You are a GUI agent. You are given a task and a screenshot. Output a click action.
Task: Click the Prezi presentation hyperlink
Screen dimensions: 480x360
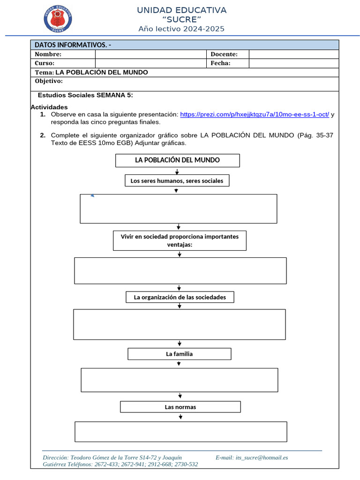coord(254,114)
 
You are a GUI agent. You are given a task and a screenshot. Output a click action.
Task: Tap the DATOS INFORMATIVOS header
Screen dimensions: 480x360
coord(72,45)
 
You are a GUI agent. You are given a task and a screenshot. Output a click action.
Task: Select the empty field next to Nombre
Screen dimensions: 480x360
coord(150,54)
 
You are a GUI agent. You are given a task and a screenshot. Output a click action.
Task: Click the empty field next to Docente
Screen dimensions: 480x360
coord(293,54)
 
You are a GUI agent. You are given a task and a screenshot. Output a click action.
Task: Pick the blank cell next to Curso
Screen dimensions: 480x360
coord(150,63)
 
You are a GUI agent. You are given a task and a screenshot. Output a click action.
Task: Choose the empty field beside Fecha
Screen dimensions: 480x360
coord(293,63)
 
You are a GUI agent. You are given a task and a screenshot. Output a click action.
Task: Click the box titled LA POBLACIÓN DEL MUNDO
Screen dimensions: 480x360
coord(177,160)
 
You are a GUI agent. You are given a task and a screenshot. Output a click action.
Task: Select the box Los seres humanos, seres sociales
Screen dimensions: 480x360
coord(177,180)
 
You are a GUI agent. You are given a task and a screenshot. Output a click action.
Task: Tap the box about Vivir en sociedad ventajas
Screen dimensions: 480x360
coord(180,240)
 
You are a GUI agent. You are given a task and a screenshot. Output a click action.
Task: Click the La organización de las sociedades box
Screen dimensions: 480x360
coord(180,297)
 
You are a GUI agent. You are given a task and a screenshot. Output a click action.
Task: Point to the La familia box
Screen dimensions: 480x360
coord(179,354)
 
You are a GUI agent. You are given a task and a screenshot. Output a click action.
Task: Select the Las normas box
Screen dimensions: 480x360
coord(180,407)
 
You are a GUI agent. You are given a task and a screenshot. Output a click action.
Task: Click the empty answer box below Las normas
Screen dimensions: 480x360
coord(180,431)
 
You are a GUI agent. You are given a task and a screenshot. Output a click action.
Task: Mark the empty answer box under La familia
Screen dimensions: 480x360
coord(179,380)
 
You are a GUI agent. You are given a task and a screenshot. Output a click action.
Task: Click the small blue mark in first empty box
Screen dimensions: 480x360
coord(92,195)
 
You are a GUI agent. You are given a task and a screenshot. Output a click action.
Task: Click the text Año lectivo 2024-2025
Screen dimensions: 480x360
coord(181,29)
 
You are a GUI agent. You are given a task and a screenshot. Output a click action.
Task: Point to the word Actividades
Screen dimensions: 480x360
coord(49,107)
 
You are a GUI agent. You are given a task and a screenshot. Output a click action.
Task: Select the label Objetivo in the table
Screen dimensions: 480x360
coord(49,81)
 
